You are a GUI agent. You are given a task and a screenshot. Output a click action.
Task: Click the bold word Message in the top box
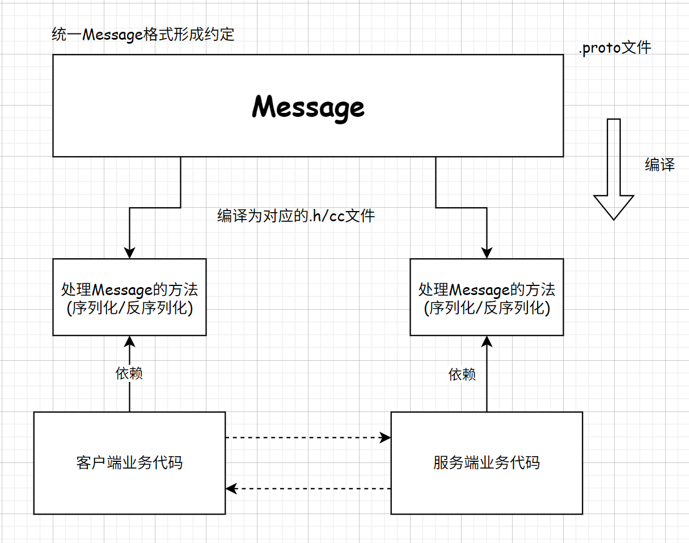[x=308, y=107]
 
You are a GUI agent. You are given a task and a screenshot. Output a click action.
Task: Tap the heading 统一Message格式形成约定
[x=142, y=35]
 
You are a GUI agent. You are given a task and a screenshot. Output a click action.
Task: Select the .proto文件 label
[x=615, y=48]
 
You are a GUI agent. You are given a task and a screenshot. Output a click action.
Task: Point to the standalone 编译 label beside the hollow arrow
[x=660, y=165]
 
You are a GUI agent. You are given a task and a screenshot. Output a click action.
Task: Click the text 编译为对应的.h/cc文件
[x=296, y=216]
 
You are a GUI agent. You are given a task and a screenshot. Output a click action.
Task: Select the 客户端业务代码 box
[x=129, y=462]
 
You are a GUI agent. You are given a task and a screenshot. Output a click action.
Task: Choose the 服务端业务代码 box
[x=487, y=462]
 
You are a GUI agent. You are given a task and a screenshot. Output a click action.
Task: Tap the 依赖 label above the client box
[x=129, y=373]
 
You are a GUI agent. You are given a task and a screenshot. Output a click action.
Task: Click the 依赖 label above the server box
[x=462, y=374]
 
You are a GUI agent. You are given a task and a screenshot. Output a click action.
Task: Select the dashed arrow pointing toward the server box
[x=308, y=437]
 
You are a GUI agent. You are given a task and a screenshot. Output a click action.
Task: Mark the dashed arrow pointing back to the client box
[x=308, y=488]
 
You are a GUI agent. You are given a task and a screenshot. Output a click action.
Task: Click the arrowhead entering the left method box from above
[x=129, y=253]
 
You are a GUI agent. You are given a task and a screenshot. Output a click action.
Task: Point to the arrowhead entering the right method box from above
[x=487, y=253]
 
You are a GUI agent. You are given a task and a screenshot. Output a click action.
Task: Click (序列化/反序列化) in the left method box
[x=129, y=309]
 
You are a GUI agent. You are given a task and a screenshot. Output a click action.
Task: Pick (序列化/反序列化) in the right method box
[x=487, y=309]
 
